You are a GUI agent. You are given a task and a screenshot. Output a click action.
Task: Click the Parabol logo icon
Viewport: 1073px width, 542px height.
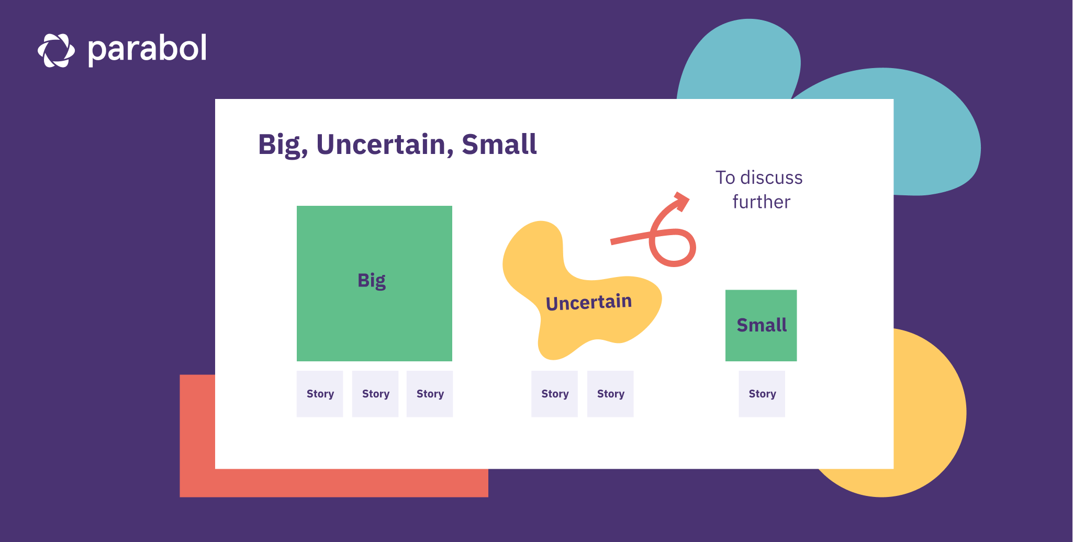pyautogui.click(x=56, y=50)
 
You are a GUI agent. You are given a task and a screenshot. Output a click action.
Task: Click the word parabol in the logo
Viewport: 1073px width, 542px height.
pyautogui.click(x=147, y=49)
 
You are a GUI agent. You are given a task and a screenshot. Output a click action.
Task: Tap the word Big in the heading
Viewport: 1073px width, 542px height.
pyautogui.click(x=282, y=145)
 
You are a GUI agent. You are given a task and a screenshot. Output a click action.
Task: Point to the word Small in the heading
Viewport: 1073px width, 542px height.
pyautogui.click(x=499, y=145)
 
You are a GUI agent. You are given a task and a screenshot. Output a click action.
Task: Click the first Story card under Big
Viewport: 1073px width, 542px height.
pyautogui.click(x=320, y=394)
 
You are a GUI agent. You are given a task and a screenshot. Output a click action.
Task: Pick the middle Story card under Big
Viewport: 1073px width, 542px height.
pyautogui.click(x=375, y=394)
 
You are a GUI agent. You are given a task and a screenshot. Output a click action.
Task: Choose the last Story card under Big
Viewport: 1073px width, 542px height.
pyautogui.click(x=430, y=394)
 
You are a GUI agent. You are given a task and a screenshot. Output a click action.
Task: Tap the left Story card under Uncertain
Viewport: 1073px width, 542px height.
pyautogui.click(x=554, y=394)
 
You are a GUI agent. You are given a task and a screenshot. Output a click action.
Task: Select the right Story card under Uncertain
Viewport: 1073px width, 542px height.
pyautogui.click(x=610, y=394)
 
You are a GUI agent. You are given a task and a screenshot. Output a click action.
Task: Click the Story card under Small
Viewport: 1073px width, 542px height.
pyautogui.click(x=762, y=394)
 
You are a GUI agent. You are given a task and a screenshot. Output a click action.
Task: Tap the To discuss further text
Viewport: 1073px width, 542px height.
pyautogui.click(x=759, y=190)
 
